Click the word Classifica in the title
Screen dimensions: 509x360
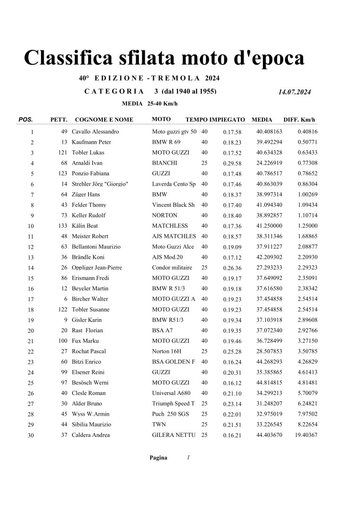[x=70, y=58]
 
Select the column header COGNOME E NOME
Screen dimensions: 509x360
[x=104, y=120]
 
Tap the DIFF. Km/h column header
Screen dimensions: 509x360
[x=299, y=120]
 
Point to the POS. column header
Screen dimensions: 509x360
[x=25, y=120]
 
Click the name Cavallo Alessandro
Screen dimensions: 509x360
[x=95, y=132]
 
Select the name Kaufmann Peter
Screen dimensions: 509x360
[x=91, y=142]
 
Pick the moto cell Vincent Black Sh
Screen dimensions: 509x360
[x=173, y=205]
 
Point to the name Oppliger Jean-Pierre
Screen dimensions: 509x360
[x=97, y=268]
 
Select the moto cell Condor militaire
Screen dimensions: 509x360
[x=172, y=268]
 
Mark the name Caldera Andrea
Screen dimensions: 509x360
[x=90, y=435]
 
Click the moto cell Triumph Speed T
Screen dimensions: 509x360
[x=173, y=403]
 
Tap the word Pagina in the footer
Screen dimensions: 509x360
[x=158, y=458]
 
